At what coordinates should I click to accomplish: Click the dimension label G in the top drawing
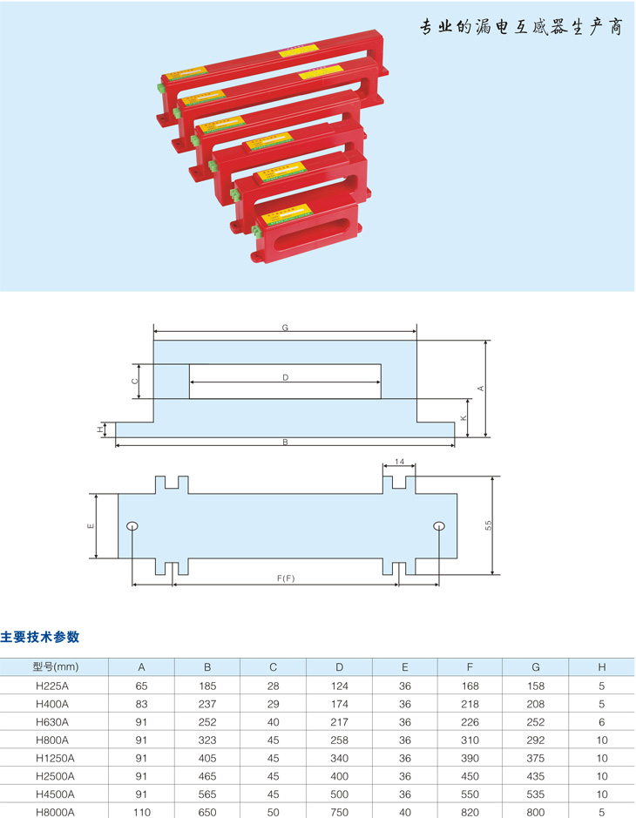point(285,328)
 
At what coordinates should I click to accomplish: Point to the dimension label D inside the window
point(285,377)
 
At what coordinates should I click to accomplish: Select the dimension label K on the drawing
point(463,418)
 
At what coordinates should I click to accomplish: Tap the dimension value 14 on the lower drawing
point(400,461)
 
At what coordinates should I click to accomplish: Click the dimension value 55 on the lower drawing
point(489,525)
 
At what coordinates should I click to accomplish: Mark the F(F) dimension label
point(285,578)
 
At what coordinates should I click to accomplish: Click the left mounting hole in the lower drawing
point(132,525)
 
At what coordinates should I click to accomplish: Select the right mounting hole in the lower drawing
point(439,525)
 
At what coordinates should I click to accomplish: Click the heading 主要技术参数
point(40,637)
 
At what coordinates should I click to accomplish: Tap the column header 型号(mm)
point(55,667)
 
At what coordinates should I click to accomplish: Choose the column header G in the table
point(536,667)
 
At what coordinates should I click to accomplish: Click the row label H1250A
point(55,758)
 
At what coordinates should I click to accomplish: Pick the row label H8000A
point(55,810)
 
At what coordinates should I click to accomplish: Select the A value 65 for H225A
point(142,686)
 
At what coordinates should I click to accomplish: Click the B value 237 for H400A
point(207,704)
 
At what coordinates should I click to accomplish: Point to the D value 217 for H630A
point(340,722)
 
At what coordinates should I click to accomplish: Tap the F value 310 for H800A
point(470,740)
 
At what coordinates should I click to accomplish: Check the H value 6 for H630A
point(602,722)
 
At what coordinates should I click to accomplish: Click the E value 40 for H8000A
point(405,810)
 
